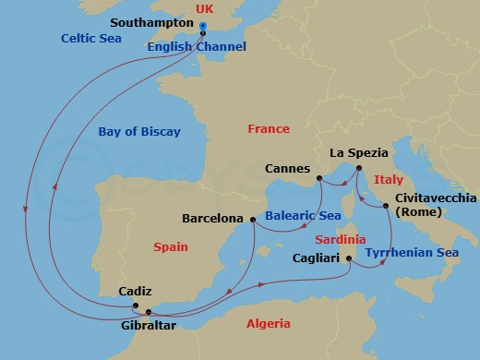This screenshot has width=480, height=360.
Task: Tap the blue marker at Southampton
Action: (202, 26)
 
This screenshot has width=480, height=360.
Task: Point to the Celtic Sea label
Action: (91, 39)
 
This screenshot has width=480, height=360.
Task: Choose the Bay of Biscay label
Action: (139, 132)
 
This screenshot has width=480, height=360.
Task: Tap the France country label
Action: (269, 129)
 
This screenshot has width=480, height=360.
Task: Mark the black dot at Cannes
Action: (318, 178)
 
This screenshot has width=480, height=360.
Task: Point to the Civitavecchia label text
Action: (436, 198)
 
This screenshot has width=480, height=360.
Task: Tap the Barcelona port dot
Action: (253, 220)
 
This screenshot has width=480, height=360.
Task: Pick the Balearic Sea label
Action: (297, 216)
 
